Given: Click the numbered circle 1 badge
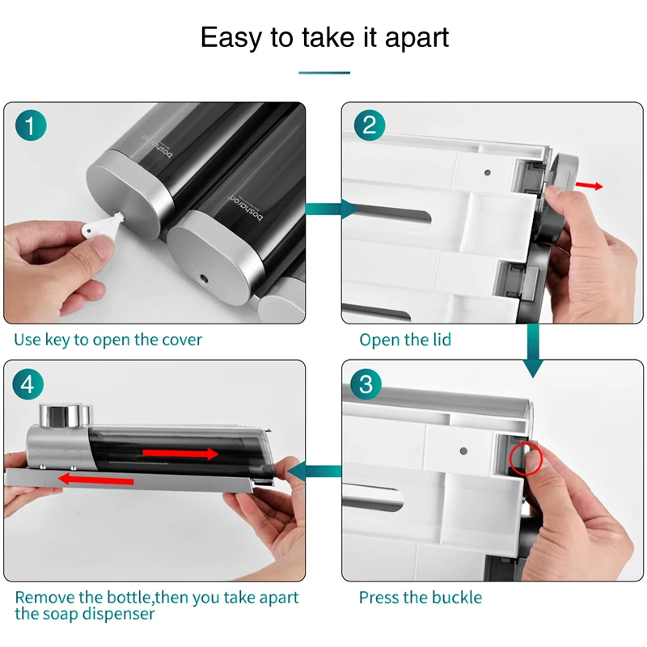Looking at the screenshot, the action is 31,125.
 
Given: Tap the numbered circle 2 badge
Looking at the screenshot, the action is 370,125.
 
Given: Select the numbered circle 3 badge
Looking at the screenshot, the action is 366,383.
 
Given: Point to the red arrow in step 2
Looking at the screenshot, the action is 589,186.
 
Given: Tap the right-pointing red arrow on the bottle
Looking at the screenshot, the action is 180,454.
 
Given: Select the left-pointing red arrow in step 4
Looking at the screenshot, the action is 95,480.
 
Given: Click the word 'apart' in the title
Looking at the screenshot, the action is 417,38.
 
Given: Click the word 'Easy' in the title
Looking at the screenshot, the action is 231,38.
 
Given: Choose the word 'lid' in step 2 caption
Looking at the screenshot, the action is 442,340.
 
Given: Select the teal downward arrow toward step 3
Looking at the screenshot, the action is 533,351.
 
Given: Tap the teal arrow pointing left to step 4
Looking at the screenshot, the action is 314,472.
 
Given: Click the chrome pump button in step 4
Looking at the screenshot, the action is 66,415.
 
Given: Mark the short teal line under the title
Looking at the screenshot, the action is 324,73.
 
